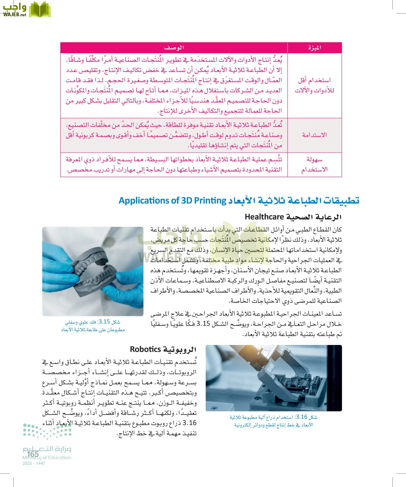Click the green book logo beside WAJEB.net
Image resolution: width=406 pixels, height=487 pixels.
pyautogui.click(x=40, y=10)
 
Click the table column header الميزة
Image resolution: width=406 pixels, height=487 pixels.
pyautogui.click(x=315, y=48)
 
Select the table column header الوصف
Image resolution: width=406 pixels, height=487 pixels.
pyautogui.click(x=174, y=48)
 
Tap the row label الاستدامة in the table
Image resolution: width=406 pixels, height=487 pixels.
pyautogui.click(x=315, y=135)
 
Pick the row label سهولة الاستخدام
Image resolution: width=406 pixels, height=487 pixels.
pyautogui.click(x=315, y=164)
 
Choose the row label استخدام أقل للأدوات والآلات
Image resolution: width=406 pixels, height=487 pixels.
pyautogui.click(x=315, y=85)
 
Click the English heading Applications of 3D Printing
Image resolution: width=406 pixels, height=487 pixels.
pyautogui.click(x=172, y=201)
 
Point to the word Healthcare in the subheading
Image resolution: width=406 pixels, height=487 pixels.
pyautogui.click(x=264, y=217)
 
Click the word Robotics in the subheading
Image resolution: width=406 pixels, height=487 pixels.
pyautogui.click(x=145, y=350)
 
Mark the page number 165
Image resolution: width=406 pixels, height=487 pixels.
pyautogui.click(x=33, y=454)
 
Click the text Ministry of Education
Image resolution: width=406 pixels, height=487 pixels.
pyautogui.click(x=47, y=458)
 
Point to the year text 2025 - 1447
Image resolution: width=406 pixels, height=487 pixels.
pyautogui.click(x=34, y=463)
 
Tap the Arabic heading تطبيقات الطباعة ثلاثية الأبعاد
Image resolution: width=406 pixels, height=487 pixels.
pyautogui.click(x=294, y=201)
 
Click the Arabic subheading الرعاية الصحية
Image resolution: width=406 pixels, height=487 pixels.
pyautogui.click(x=313, y=217)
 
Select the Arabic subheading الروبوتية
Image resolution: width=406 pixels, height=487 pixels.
pyautogui.click(x=179, y=350)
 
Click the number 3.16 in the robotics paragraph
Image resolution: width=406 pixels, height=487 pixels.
pyautogui.click(x=189, y=423)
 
